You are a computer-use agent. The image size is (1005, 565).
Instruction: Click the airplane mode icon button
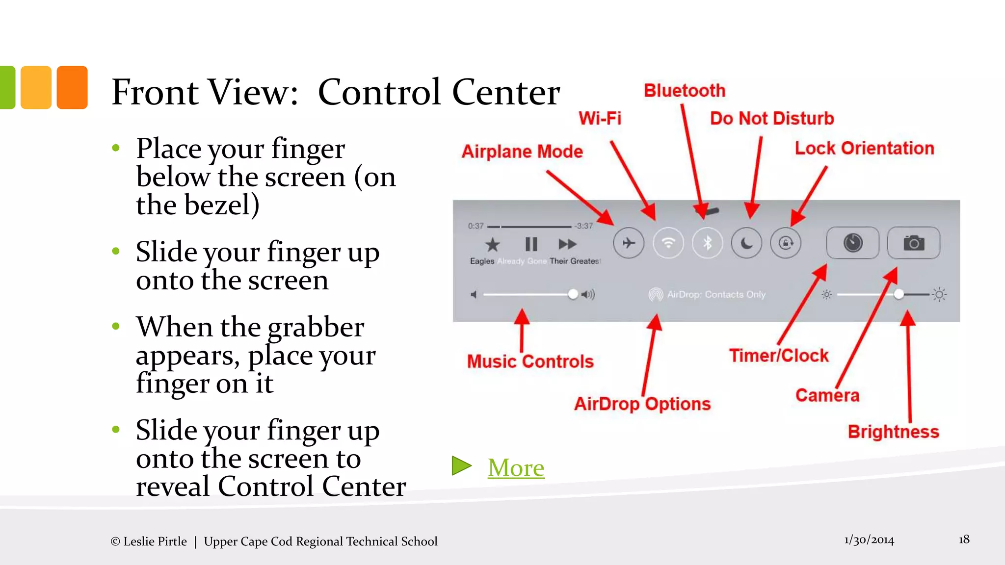tap(629, 243)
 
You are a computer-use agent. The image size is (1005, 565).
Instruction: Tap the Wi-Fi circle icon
tap(668, 243)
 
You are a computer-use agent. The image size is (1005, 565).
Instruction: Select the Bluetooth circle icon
tap(707, 243)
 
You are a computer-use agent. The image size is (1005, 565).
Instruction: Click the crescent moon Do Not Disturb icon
tap(746, 243)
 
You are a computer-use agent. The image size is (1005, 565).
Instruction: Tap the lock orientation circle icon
tap(786, 243)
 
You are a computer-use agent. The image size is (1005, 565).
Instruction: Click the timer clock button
tap(853, 243)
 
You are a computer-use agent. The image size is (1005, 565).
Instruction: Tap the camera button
tap(914, 243)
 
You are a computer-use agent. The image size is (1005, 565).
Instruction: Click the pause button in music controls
tap(531, 244)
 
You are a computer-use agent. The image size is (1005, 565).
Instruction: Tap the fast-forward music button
tap(567, 244)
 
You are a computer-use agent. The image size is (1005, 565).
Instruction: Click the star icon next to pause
tap(492, 244)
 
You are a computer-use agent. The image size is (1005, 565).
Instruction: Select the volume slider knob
tap(573, 294)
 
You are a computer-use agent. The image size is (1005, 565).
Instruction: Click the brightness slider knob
tap(899, 294)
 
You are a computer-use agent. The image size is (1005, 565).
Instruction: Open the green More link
tap(516, 467)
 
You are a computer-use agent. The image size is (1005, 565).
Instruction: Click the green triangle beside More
tap(461, 466)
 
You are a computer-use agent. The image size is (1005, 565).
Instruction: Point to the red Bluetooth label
tap(684, 91)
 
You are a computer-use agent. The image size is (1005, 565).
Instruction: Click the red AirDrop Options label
tap(642, 404)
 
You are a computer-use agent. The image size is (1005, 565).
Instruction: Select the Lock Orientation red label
tap(864, 148)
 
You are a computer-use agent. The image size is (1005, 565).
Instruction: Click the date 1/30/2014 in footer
tap(869, 540)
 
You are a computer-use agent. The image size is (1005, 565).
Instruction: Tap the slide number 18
tap(964, 539)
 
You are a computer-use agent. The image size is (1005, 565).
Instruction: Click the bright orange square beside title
tap(72, 87)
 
